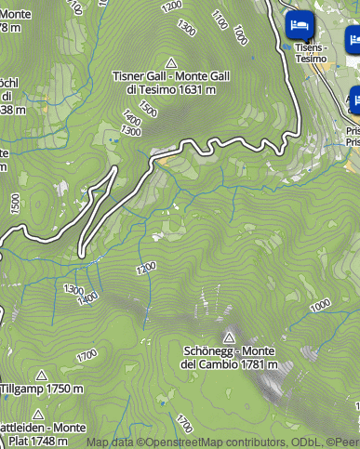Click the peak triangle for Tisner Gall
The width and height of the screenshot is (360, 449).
tap(170, 59)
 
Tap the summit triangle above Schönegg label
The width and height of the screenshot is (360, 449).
tap(229, 337)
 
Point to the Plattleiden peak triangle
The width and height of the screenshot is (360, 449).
tap(38, 414)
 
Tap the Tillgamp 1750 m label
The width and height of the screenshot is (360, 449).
tap(41, 390)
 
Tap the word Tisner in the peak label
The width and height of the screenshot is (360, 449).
tap(130, 76)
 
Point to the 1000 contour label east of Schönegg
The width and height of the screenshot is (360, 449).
tap(320, 305)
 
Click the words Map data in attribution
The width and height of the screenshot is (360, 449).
tap(111, 442)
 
